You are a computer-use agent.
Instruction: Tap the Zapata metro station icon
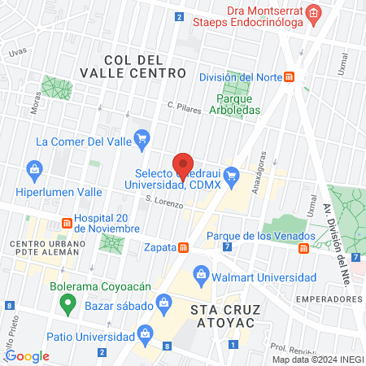coord(184,246)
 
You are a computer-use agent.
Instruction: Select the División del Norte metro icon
coord(290,77)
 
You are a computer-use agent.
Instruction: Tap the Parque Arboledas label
coord(235,102)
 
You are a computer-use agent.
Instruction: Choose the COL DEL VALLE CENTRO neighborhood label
coord(134,66)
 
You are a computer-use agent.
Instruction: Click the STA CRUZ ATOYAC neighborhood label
coord(222,316)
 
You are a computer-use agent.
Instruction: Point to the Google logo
coord(27,355)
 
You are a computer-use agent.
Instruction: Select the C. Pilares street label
coord(183,107)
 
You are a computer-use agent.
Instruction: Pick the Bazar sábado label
coord(119,307)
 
